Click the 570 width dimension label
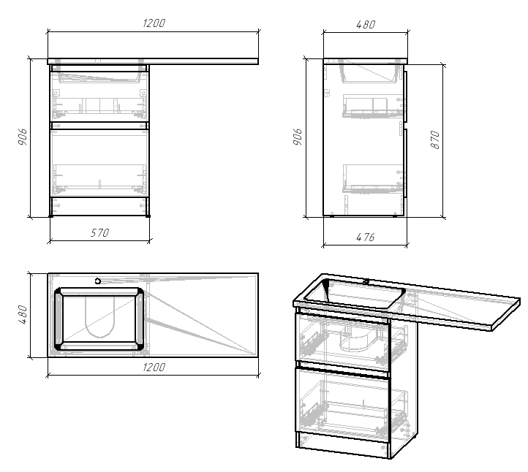(99, 233)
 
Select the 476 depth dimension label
(365, 237)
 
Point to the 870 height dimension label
(435, 140)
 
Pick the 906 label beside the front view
(22, 137)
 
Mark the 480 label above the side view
(365, 24)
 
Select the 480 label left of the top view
(22, 315)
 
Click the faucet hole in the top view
(97, 281)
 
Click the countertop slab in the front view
(153, 61)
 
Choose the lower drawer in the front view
(99, 162)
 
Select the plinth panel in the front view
(99, 206)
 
